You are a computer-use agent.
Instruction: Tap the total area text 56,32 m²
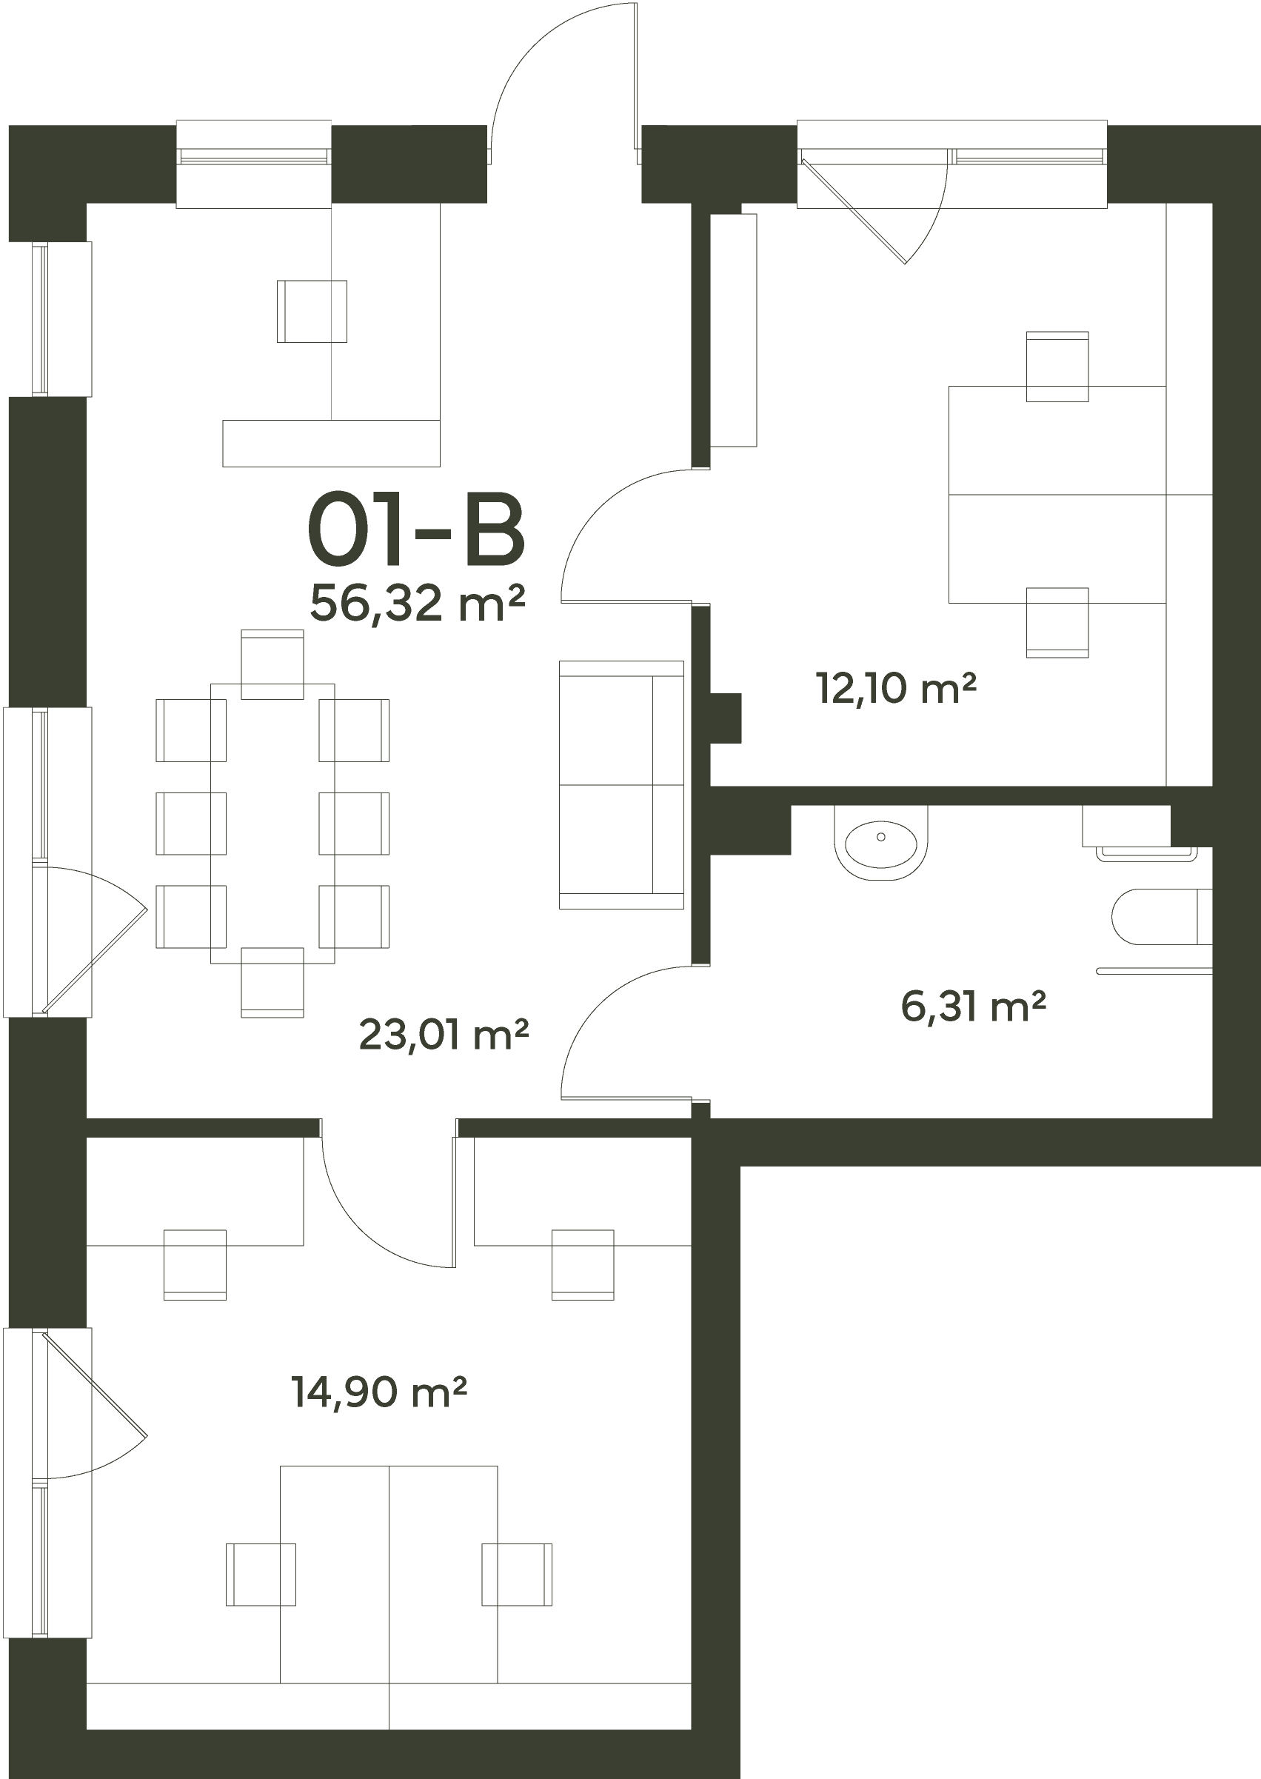pyautogui.click(x=418, y=603)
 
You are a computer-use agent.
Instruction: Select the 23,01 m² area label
pyautogui.click(x=444, y=1035)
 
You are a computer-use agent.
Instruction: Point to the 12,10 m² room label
pyautogui.click(x=896, y=689)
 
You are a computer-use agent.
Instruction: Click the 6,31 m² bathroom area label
pyautogui.click(x=974, y=1007)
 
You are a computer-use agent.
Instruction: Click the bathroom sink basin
pyautogui.click(x=881, y=843)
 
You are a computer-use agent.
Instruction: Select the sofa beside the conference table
pyautogui.click(x=621, y=784)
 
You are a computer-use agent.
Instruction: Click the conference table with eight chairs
pyautogui.click(x=272, y=823)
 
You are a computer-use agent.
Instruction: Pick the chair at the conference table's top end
pyautogui.click(x=272, y=664)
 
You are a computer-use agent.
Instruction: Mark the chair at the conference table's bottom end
pyautogui.click(x=272, y=982)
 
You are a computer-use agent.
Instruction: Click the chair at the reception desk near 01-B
pyautogui.click(x=312, y=311)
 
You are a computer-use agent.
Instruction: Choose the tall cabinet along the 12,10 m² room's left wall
pyautogui.click(x=734, y=330)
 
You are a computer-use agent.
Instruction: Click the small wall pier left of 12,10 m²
pyautogui.click(x=726, y=717)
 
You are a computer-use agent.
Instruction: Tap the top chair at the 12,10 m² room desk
pyautogui.click(x=1057, y=367)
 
